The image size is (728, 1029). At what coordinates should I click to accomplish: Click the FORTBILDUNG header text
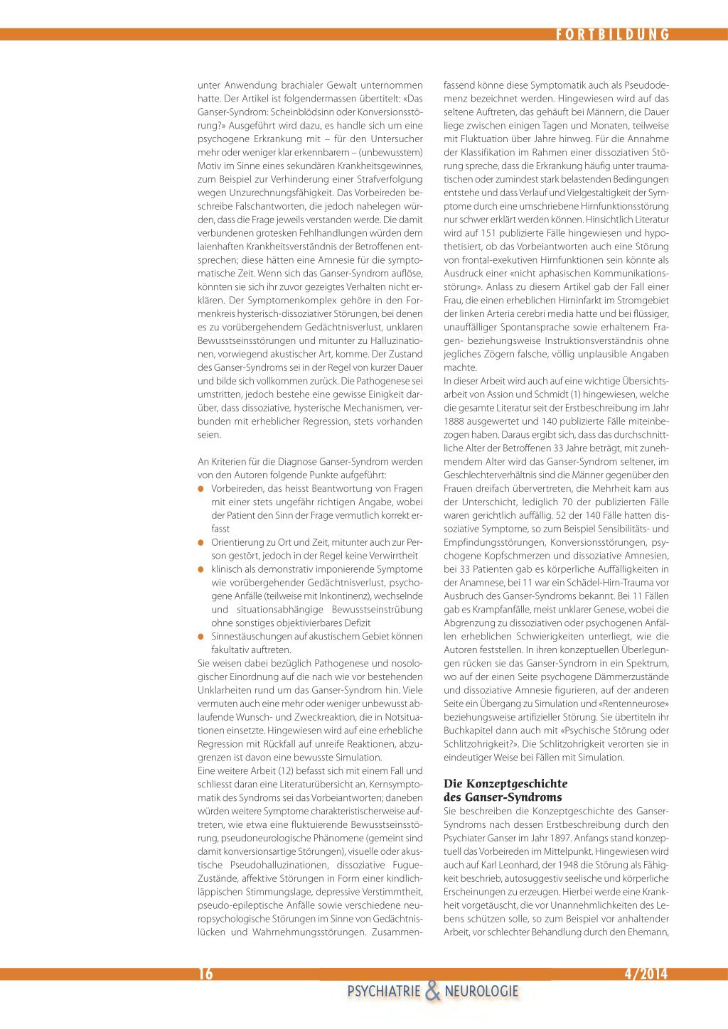pos(612,34)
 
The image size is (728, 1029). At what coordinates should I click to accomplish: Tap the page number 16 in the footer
pos(205,974)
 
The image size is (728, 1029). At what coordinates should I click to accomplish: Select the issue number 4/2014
pos(646,974)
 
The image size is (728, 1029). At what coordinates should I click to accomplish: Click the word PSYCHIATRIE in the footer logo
pos(384,991)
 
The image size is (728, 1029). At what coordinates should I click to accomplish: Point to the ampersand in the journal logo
pos(432,991)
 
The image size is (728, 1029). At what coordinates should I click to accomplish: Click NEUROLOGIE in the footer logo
pos(481,991)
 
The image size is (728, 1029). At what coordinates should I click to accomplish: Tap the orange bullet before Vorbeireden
pos(201,489)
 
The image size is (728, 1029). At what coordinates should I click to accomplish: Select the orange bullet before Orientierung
pos(201,543)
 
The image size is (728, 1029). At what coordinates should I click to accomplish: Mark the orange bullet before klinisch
pos(201,569)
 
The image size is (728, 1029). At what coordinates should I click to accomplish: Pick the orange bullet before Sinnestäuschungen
pos(201,637)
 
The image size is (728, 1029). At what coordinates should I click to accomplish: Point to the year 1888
pos(454,421)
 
